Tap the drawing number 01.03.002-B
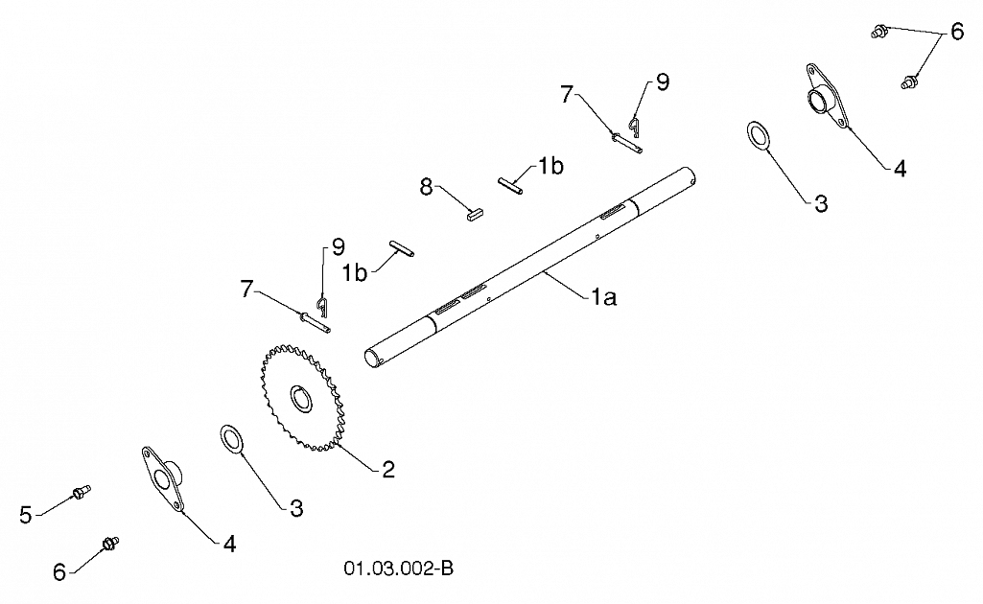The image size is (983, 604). [398, 569]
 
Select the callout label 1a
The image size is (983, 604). [604, 297]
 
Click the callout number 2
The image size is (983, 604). [388, 469]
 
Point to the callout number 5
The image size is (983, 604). [26, 515]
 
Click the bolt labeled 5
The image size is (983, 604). [82, 492]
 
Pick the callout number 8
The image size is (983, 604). [427, 187]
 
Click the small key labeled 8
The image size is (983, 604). [476, 214]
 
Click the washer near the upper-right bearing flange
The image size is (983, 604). [759, 136]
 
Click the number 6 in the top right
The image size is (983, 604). [957, 32]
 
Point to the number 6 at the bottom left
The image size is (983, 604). [59, 572]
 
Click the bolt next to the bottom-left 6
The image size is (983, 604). [109, 544]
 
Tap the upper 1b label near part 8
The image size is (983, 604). [550, 166]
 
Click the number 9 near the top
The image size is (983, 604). [663, 82]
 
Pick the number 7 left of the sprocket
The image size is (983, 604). [246, 289]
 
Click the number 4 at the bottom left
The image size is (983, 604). [230, 544]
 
